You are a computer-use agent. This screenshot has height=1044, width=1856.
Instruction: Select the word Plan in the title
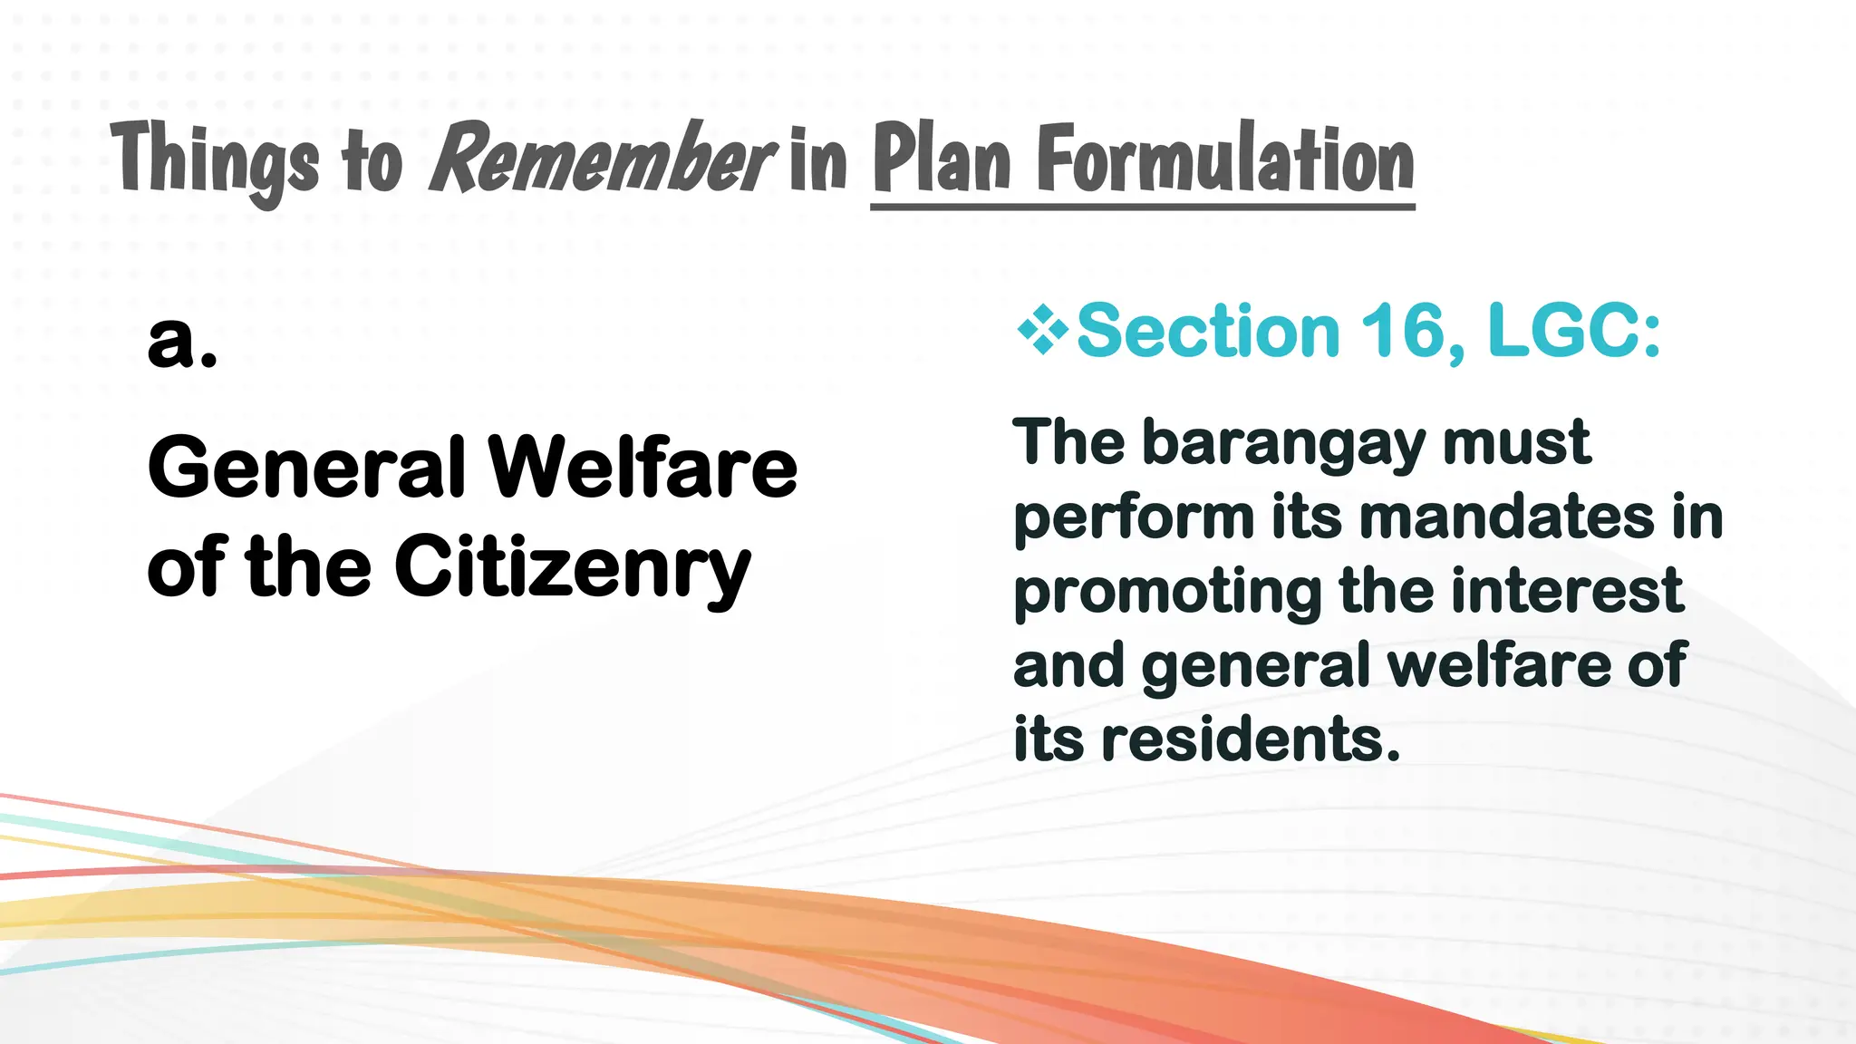[x=942, y=159]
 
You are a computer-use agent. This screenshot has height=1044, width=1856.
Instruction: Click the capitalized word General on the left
[x=306, y=468]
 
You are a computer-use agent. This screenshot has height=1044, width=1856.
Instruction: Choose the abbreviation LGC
[x=1572, y=331]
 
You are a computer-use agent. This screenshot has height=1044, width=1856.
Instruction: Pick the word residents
[x=1251, y=739]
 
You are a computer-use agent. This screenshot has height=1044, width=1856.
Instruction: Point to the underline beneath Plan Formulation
[x=1142, y=208]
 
